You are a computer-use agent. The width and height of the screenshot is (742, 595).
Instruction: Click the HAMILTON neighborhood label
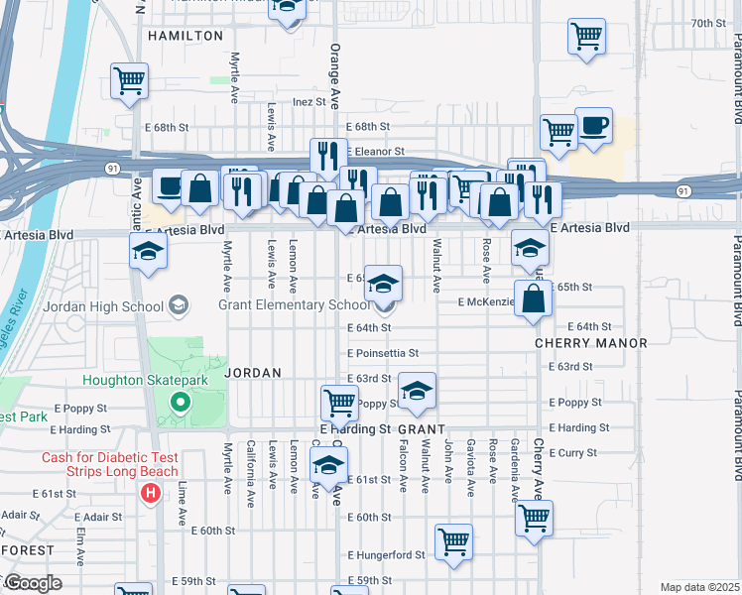[x=185, y=35]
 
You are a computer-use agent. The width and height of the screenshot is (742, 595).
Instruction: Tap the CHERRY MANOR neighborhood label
[x=590, y=343]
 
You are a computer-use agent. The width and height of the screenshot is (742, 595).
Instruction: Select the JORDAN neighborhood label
[x=254, y=372]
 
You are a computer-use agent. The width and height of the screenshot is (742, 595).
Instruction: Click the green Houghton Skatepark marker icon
[x=180, y=403]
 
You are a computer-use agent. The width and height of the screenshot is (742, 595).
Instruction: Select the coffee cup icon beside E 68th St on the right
[x=593, y=127]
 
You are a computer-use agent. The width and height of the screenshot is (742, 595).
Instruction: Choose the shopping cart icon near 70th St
[x=586, y=37]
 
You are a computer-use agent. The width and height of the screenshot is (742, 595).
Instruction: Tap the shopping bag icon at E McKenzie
[x=533, y=298]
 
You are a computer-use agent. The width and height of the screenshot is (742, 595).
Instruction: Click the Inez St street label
[x=309, y=101]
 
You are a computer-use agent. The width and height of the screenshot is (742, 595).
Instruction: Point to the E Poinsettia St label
[x=383, y=353]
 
